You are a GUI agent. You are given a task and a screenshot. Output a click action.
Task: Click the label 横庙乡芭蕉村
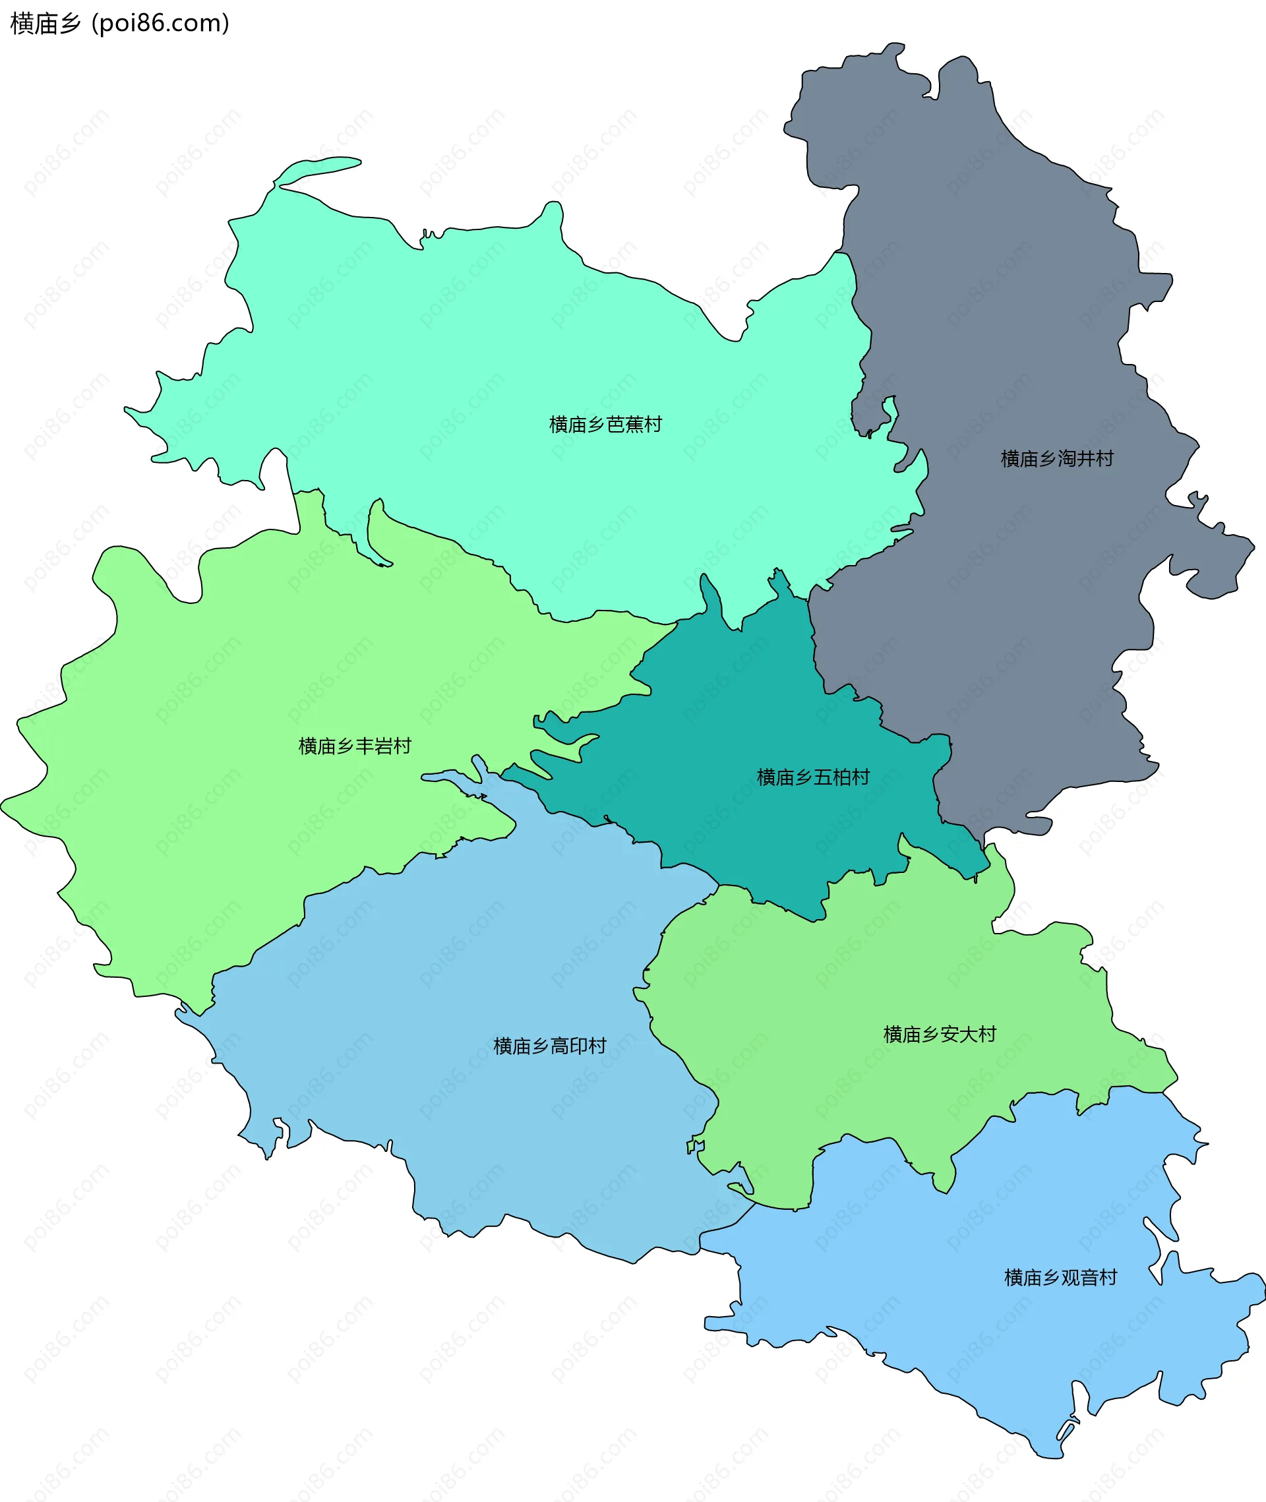(605, 425)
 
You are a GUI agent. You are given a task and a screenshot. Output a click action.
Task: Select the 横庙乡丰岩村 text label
(355, 746)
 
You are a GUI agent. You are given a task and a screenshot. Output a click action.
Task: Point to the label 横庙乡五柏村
(813, 777)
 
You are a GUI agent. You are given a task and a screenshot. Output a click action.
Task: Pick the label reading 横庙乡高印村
(550, 1046)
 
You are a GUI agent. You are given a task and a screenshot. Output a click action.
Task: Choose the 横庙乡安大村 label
(940, 1034)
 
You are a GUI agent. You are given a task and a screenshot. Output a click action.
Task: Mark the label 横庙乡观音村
(1061, 1277)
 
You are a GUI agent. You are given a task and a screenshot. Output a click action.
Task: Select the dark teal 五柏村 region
(732, 717)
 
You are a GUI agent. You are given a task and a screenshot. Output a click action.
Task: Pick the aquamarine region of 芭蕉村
(502, 344)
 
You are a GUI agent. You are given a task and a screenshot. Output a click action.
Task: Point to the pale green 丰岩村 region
(216, 717)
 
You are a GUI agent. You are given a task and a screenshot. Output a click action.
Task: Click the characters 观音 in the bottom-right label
(1079, 1277)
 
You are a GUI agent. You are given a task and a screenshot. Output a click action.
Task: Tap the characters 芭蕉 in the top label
(624, 425)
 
